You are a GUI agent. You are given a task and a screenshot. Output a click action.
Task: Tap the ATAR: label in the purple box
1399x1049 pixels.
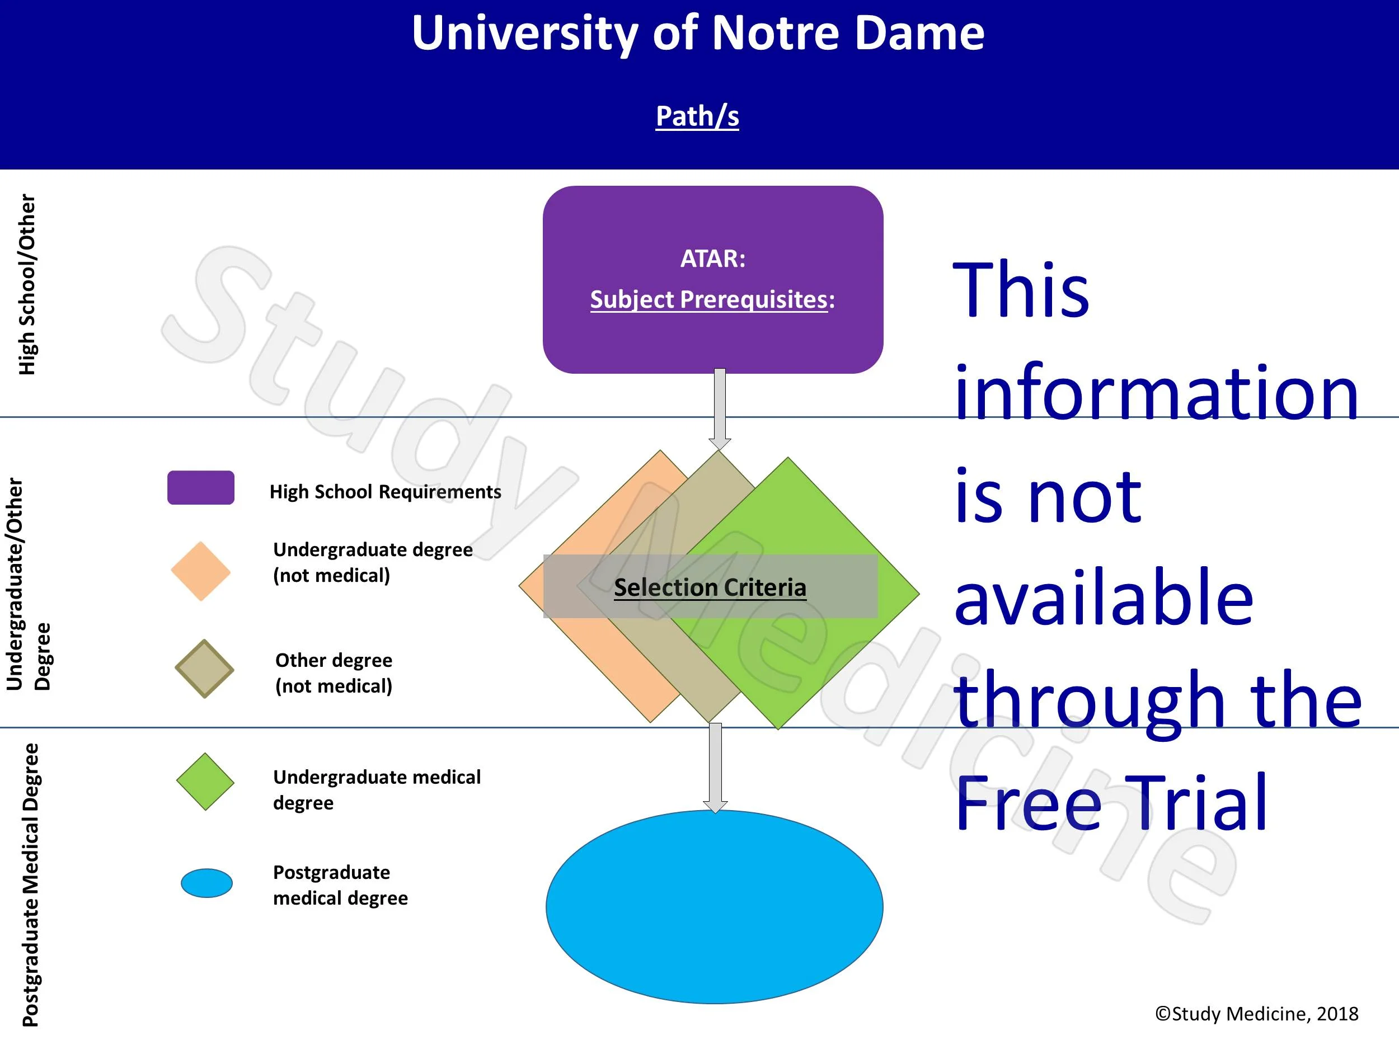713,258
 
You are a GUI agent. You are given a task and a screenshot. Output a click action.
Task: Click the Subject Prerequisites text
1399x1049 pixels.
712,300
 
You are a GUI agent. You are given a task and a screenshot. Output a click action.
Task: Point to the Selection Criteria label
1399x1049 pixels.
710,587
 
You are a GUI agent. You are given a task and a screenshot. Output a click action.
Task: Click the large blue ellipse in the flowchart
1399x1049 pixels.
714,906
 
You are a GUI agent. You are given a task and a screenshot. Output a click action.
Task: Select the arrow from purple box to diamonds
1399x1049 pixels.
719,409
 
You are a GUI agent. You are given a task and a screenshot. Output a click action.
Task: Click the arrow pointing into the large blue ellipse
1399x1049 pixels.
715,768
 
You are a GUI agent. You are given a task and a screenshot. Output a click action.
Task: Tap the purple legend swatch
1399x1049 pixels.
200,487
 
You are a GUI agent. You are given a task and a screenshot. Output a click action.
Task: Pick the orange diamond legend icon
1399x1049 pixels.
200,571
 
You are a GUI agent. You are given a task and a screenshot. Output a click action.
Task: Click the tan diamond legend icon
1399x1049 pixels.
204,669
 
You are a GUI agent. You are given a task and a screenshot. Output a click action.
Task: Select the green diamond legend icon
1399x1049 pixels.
205,782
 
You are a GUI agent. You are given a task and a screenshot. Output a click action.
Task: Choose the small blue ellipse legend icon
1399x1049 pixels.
207,883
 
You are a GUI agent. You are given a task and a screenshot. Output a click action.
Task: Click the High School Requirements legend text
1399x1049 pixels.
385,492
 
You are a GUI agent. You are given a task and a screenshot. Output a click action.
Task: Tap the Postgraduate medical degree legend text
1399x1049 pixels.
340,885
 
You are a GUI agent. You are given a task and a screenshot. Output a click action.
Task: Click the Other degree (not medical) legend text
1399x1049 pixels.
334,673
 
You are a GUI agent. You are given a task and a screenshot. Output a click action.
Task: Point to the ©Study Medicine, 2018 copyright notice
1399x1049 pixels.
1256,1014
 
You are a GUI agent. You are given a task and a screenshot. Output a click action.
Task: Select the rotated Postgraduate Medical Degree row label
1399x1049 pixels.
30,885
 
